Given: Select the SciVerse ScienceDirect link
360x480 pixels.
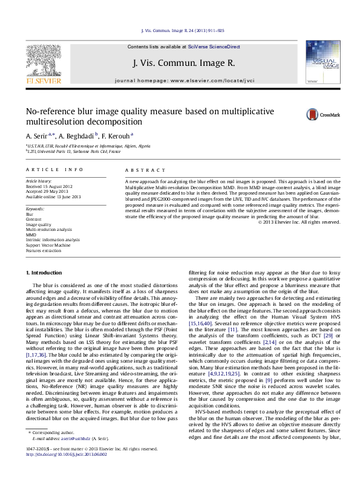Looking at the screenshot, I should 214,47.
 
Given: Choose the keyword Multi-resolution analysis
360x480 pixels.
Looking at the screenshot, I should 48,230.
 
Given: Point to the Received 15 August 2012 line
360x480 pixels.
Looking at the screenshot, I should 50,186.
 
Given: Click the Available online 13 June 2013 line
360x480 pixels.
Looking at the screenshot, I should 55,196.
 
